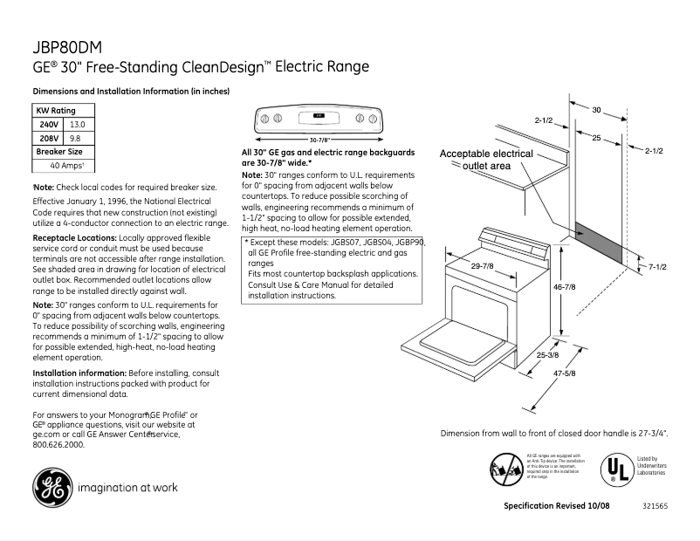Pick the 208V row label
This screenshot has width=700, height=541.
pyautogui.click(x=49, y=138)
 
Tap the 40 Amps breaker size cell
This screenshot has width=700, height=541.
pyautogui.click(x=66, y=165)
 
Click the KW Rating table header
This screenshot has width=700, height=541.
pyautogui.click(x=55, y=111)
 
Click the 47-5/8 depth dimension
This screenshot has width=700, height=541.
pyautogui.click(x=563, y=374)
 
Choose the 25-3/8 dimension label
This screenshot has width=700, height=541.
pyautogui.click(x=548, y=355)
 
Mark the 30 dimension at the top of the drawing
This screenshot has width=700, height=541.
pyautogui.click(x=596, y=110)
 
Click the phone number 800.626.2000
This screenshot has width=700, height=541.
pyautogui.click(x=58, y=444)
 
